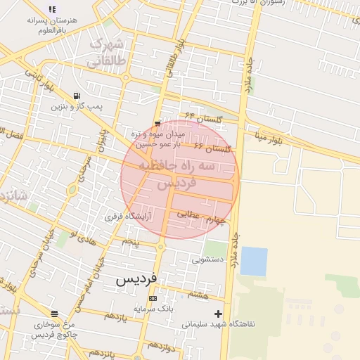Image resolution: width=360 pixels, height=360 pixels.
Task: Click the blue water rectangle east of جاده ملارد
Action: [254, 262]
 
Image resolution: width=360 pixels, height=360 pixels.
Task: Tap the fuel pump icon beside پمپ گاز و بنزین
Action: [76, 96]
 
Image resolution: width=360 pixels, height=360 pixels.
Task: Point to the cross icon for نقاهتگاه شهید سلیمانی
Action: [219, 314]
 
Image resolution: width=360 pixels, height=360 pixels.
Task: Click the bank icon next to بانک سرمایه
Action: [153, 298]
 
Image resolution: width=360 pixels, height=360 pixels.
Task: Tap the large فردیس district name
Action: [136, 280]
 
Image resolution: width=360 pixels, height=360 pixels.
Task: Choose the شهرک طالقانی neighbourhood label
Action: [106, 53]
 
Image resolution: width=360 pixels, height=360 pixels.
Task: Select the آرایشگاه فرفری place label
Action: [128, 217]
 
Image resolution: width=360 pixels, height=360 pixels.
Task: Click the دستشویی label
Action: [208, 259]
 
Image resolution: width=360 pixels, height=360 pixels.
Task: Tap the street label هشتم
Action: [198, 296]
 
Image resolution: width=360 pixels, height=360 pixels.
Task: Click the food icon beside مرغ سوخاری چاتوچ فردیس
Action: [55, 314]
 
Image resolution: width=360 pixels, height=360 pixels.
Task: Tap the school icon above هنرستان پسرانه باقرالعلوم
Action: [51, 9]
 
